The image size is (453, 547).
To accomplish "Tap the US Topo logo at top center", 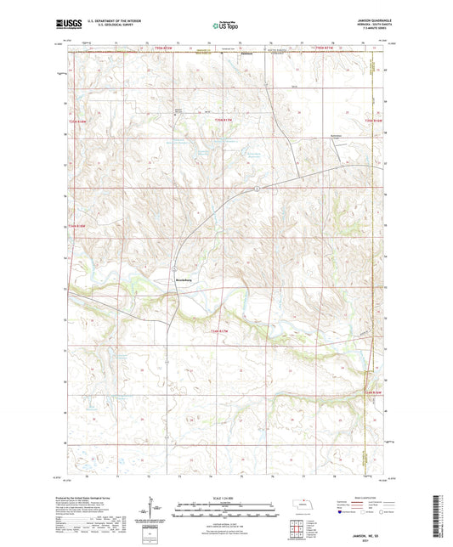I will pos(224,25).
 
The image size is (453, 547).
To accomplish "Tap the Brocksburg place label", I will pos(184,278).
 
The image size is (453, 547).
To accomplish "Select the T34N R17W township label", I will pos(219,329).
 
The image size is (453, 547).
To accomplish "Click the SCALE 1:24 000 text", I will pos(225,497).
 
